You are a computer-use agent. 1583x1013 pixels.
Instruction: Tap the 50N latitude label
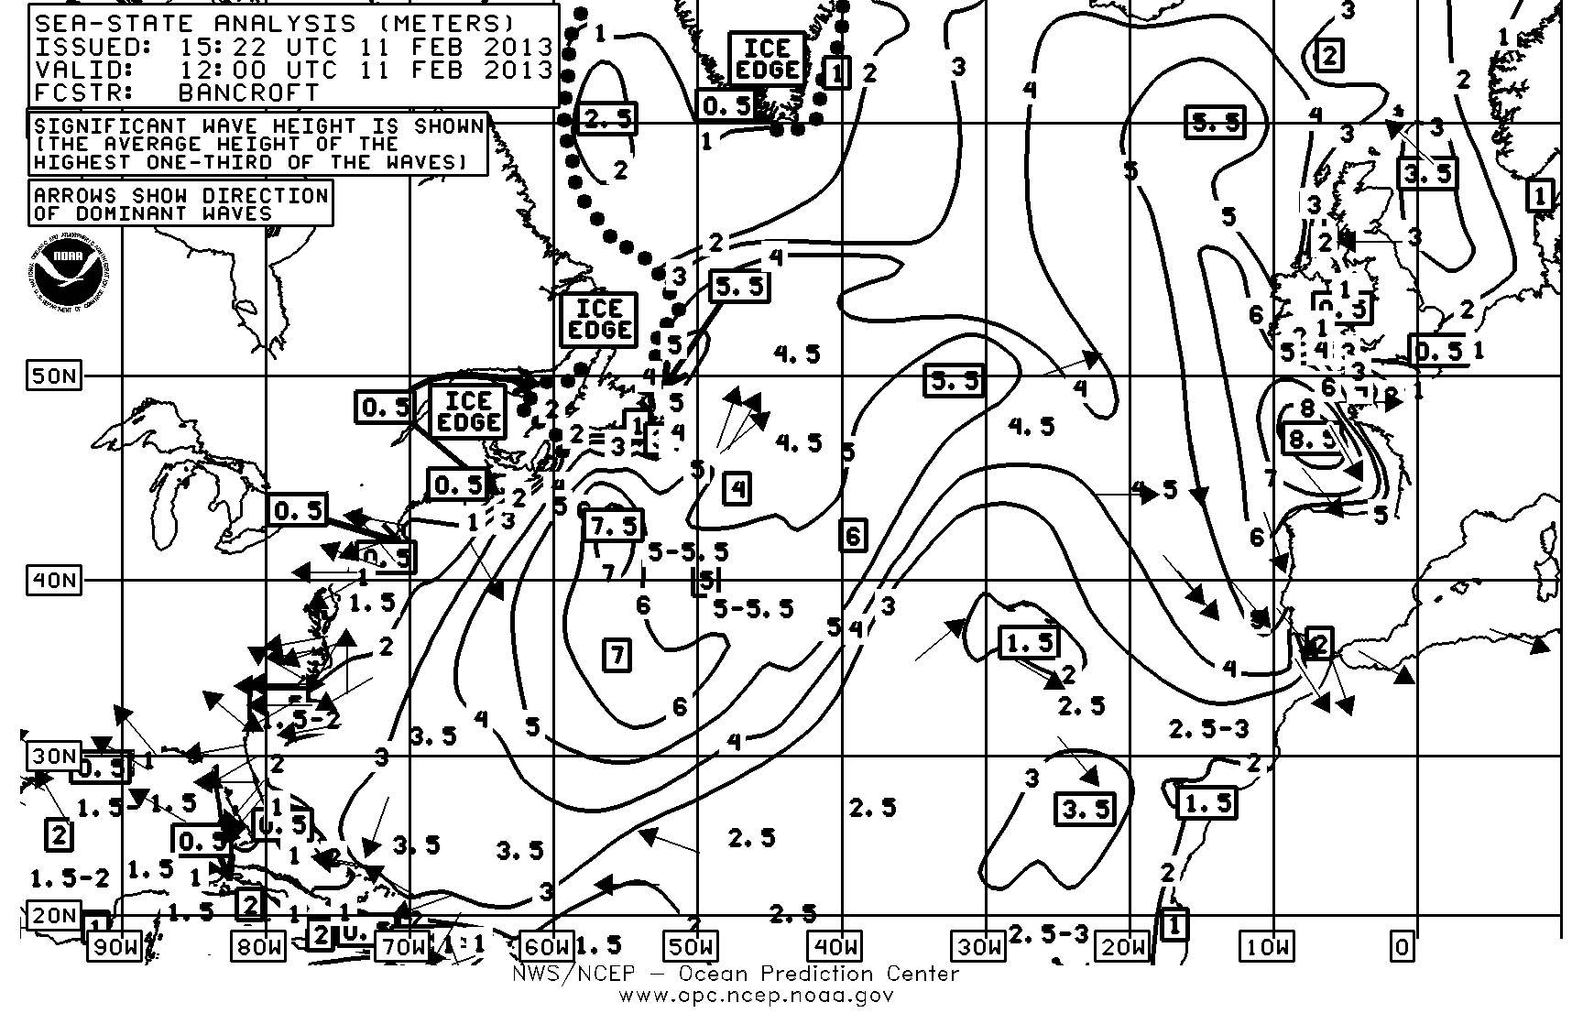53,376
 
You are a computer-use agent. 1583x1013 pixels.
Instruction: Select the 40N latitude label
53,580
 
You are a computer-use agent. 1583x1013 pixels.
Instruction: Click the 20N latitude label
53,915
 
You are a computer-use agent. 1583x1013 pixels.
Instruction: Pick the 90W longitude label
115,946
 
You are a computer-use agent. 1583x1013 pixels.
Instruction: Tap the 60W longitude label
548,946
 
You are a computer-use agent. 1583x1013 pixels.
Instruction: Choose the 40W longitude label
835,946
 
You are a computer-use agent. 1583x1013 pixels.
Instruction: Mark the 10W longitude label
1267,946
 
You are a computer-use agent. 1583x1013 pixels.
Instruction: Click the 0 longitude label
1402,946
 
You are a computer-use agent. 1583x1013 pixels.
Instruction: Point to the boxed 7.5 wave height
613,525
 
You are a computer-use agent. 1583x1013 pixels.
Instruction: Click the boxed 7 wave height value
617,655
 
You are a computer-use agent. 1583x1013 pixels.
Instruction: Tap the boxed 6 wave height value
853,535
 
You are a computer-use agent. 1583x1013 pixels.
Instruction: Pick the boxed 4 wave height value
738,488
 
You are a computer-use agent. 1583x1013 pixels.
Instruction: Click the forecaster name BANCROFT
249,93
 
